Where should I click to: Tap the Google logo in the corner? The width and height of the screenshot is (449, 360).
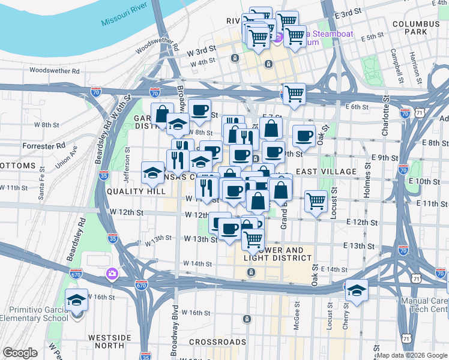click(20, 353)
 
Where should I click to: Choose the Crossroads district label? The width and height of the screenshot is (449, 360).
click(217, 342)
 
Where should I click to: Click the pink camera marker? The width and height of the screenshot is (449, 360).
click(112, 275)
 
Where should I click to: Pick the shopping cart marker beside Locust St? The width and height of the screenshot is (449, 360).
click(316, 201)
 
